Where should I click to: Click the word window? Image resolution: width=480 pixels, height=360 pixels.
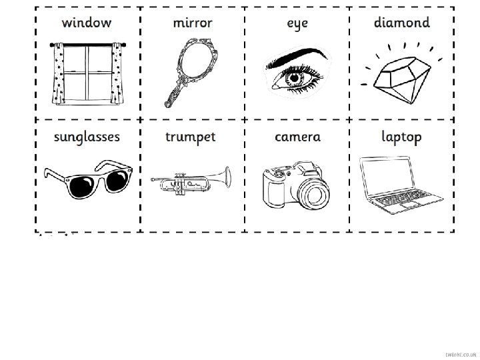87,23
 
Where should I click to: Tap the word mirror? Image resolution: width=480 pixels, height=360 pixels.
192,23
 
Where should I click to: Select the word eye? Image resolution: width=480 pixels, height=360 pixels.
297,25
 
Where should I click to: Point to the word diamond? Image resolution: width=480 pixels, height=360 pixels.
401,23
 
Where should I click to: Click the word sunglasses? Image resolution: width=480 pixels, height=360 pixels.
87,137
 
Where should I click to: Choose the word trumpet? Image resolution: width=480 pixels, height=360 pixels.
191,137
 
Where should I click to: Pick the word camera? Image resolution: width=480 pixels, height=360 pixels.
297,137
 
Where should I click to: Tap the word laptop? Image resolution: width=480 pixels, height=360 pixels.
401,138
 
